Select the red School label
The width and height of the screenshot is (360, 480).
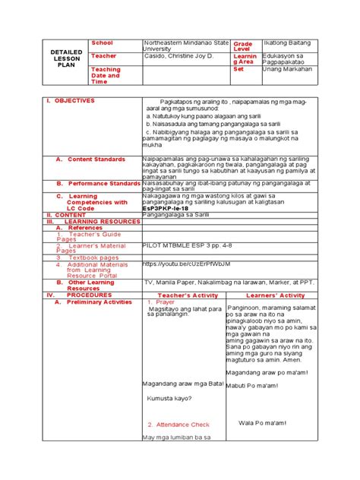103,43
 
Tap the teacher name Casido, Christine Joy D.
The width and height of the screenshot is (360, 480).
178,56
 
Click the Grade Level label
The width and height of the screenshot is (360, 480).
243,47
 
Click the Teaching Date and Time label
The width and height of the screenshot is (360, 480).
106,75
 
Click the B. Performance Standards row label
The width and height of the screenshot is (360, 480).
93,184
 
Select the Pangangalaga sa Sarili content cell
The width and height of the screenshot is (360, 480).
175,215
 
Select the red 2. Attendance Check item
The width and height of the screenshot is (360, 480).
178,425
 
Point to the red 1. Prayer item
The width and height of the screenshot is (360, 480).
161,302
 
